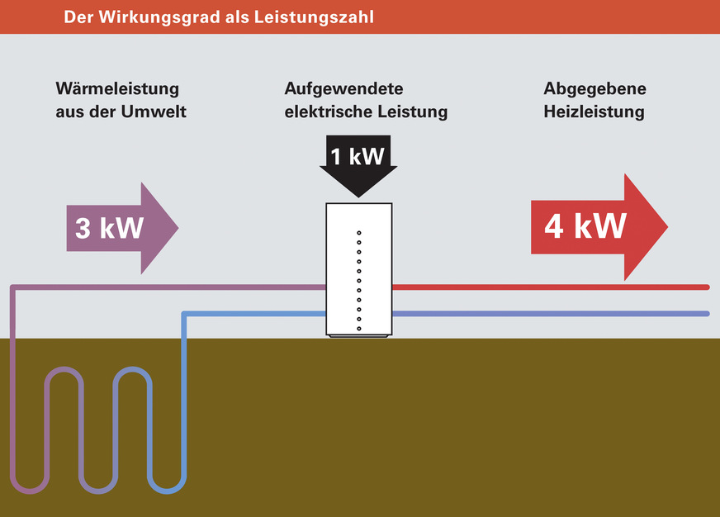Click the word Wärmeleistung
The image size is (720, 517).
(x=117, y=88)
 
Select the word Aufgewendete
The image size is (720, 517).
(x=343, y=88)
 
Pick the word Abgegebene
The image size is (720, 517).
(x=594, y=88)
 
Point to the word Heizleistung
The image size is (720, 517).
(x=594, y=111)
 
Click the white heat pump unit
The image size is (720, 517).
(x=358, y=268)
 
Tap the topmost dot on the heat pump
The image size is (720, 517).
(x=359, y=234)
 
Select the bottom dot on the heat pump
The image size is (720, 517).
(x=359, y=328)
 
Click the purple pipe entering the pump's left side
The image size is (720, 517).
(x=206, y=287)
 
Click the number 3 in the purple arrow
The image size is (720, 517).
(x=83, y=228)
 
